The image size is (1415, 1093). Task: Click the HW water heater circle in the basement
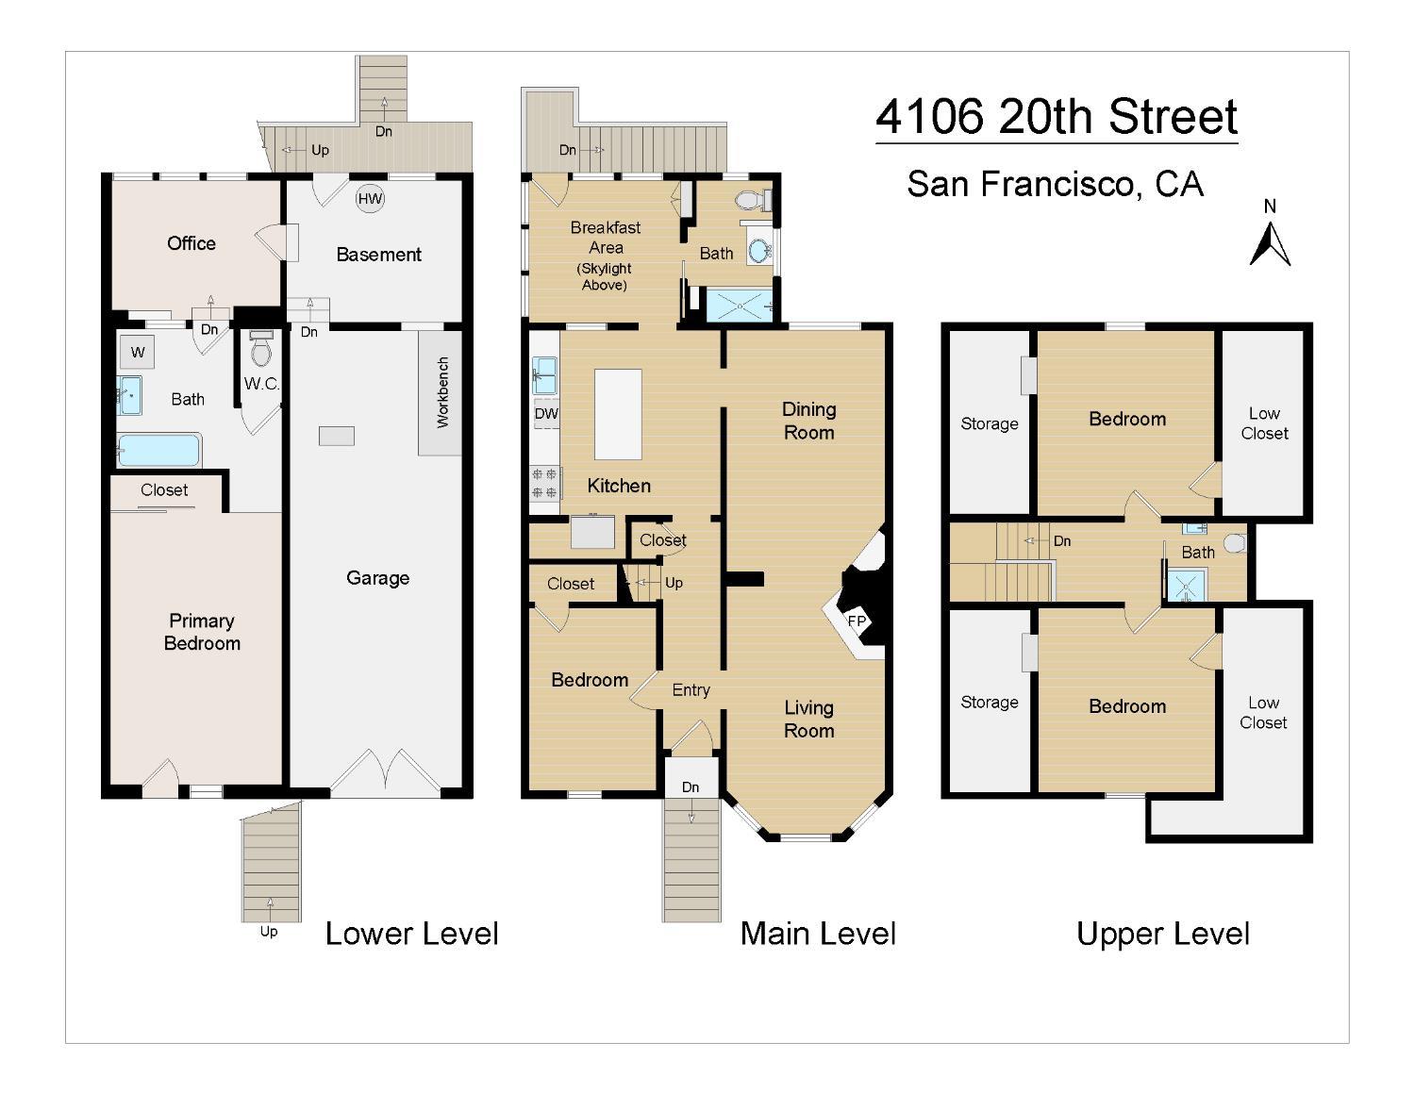click(370, 199)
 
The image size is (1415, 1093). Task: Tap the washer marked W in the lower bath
click(138, 352)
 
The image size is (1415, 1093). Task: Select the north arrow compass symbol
click(1269, 243)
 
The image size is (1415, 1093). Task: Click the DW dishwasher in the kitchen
click(546, 413)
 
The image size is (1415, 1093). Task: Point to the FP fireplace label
click(857, 621)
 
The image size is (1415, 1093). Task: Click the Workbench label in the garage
click(442, 392)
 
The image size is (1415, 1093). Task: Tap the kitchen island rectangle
click(617, 415)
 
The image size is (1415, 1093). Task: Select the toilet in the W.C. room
click(261, 349)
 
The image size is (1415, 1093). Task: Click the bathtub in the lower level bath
click(158, 450)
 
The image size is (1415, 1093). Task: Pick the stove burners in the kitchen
click(544, 483)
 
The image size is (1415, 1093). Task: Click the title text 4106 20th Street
click(1057, 117)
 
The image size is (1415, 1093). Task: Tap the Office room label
click(191, 243)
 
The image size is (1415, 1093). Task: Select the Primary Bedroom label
click(202, 632)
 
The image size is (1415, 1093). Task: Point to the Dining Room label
click(808, 421)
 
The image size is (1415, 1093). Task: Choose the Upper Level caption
click(1163, 934)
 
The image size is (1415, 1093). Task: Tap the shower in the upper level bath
click(1186, 586)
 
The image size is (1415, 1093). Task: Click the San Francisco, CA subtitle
click(1055, 184)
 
